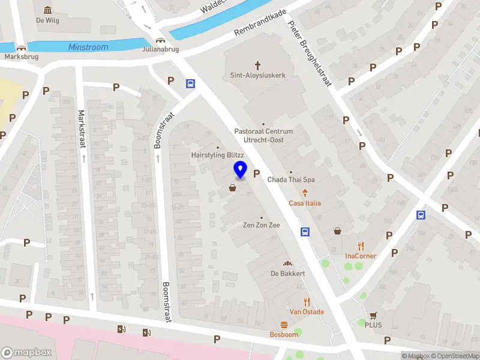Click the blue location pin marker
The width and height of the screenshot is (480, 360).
[x=241, y=170]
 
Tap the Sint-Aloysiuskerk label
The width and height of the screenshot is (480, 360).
[x=258, y=76]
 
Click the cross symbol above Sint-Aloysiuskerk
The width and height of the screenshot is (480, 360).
[x=258, y=65]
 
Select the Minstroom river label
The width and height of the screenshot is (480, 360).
[x=88, y=47]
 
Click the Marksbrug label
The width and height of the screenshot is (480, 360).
[x=22, y=57]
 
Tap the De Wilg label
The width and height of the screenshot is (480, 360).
[x=47, y=20]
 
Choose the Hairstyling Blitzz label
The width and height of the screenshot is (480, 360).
[x=217, y=155]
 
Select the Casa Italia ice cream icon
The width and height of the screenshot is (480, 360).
[x=305, y=193]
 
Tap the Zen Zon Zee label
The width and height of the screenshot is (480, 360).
[x=261, y=225]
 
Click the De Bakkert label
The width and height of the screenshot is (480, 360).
[x=288, y=274]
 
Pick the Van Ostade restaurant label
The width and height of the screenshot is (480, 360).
[x=307, y=311]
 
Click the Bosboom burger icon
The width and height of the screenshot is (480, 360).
[x=284, y=325]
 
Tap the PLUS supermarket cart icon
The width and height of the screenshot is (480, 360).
[x=373, y=316]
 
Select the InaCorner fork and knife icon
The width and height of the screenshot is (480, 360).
[x=361, y=246]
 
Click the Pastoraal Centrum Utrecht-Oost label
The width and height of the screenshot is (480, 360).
[x=263, y=136]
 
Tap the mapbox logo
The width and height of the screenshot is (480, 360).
[x=26, y=353]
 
